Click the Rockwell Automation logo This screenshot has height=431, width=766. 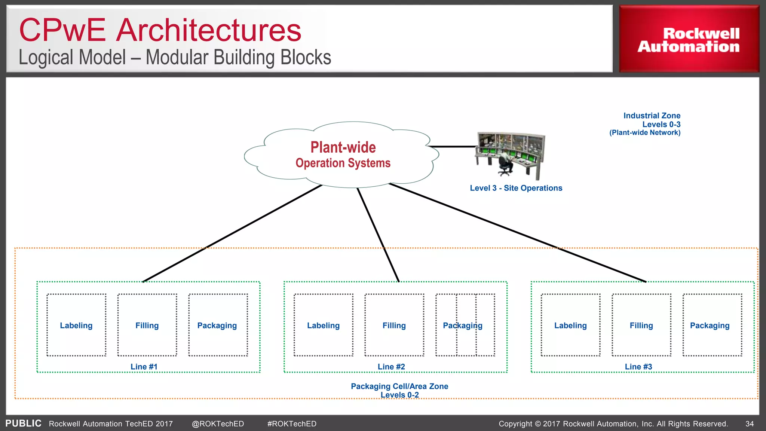(689, 39)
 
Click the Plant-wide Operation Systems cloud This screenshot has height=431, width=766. (342, 155)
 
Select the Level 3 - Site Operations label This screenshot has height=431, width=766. (516, 188)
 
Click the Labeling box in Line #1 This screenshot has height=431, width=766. (76, 325)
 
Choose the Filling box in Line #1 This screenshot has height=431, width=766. (147, 325)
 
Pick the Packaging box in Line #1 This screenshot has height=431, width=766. (218, 325)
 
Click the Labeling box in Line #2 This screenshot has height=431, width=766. (323, 325)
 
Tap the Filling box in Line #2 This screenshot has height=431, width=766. (394, 325)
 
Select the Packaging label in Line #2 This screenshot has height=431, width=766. (463, 325)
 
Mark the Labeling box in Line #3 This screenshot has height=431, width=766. (570, 325)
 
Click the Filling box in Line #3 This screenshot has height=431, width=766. (641, 325)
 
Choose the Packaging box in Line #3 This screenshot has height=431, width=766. (712, 325)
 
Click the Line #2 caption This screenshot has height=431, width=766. (391, 367)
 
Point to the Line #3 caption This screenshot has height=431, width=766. (638, 367)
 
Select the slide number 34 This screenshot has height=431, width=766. (750, 424)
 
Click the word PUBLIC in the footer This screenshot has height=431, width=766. (23, 424)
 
